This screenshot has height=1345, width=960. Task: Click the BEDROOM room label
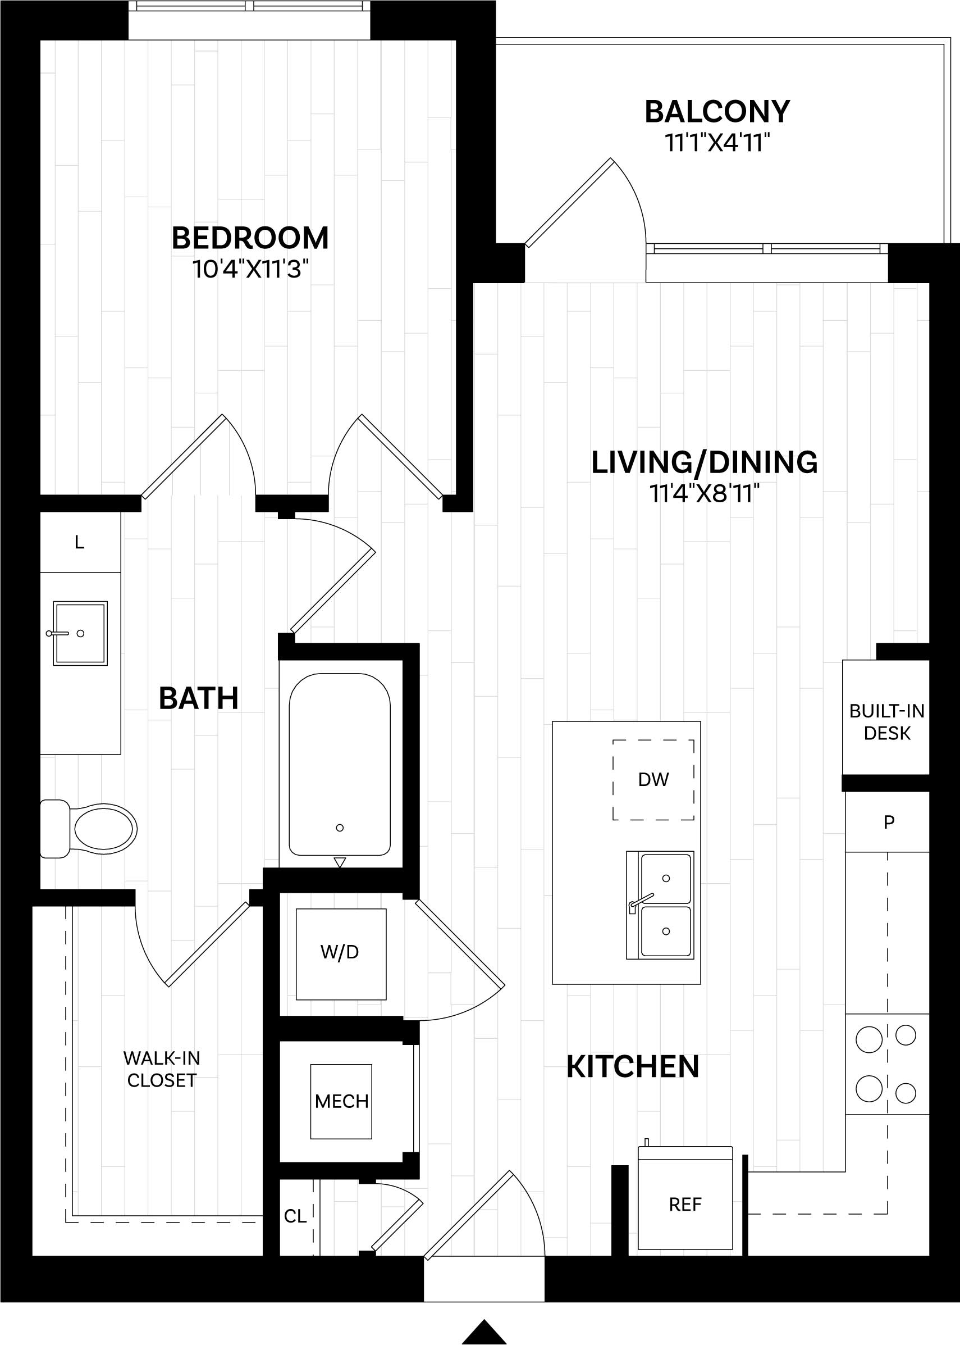coord(250,238)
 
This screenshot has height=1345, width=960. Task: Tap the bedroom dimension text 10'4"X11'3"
coord(250,269)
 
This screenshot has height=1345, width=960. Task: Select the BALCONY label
coord(717,112)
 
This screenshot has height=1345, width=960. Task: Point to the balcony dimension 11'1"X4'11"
coord(717,143)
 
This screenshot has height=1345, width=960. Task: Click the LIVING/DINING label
coord(704,462)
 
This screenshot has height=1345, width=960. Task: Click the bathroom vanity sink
coord(80,634)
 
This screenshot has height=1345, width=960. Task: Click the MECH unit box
coord(341,1101)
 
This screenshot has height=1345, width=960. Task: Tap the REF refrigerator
coord(685,1204)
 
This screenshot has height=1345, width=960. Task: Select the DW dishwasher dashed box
coord(653,780)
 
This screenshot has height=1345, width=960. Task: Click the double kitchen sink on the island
coord(660,905)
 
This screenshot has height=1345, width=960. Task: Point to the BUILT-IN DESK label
coord(886,721)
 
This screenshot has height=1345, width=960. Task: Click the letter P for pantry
coord(889,822)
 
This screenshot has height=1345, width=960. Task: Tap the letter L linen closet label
coord(80,542)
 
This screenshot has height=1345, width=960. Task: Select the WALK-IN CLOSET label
coord(161,1069)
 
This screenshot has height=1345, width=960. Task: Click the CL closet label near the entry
coord(295,1216)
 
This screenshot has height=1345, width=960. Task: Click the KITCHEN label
coord(633,1066)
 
